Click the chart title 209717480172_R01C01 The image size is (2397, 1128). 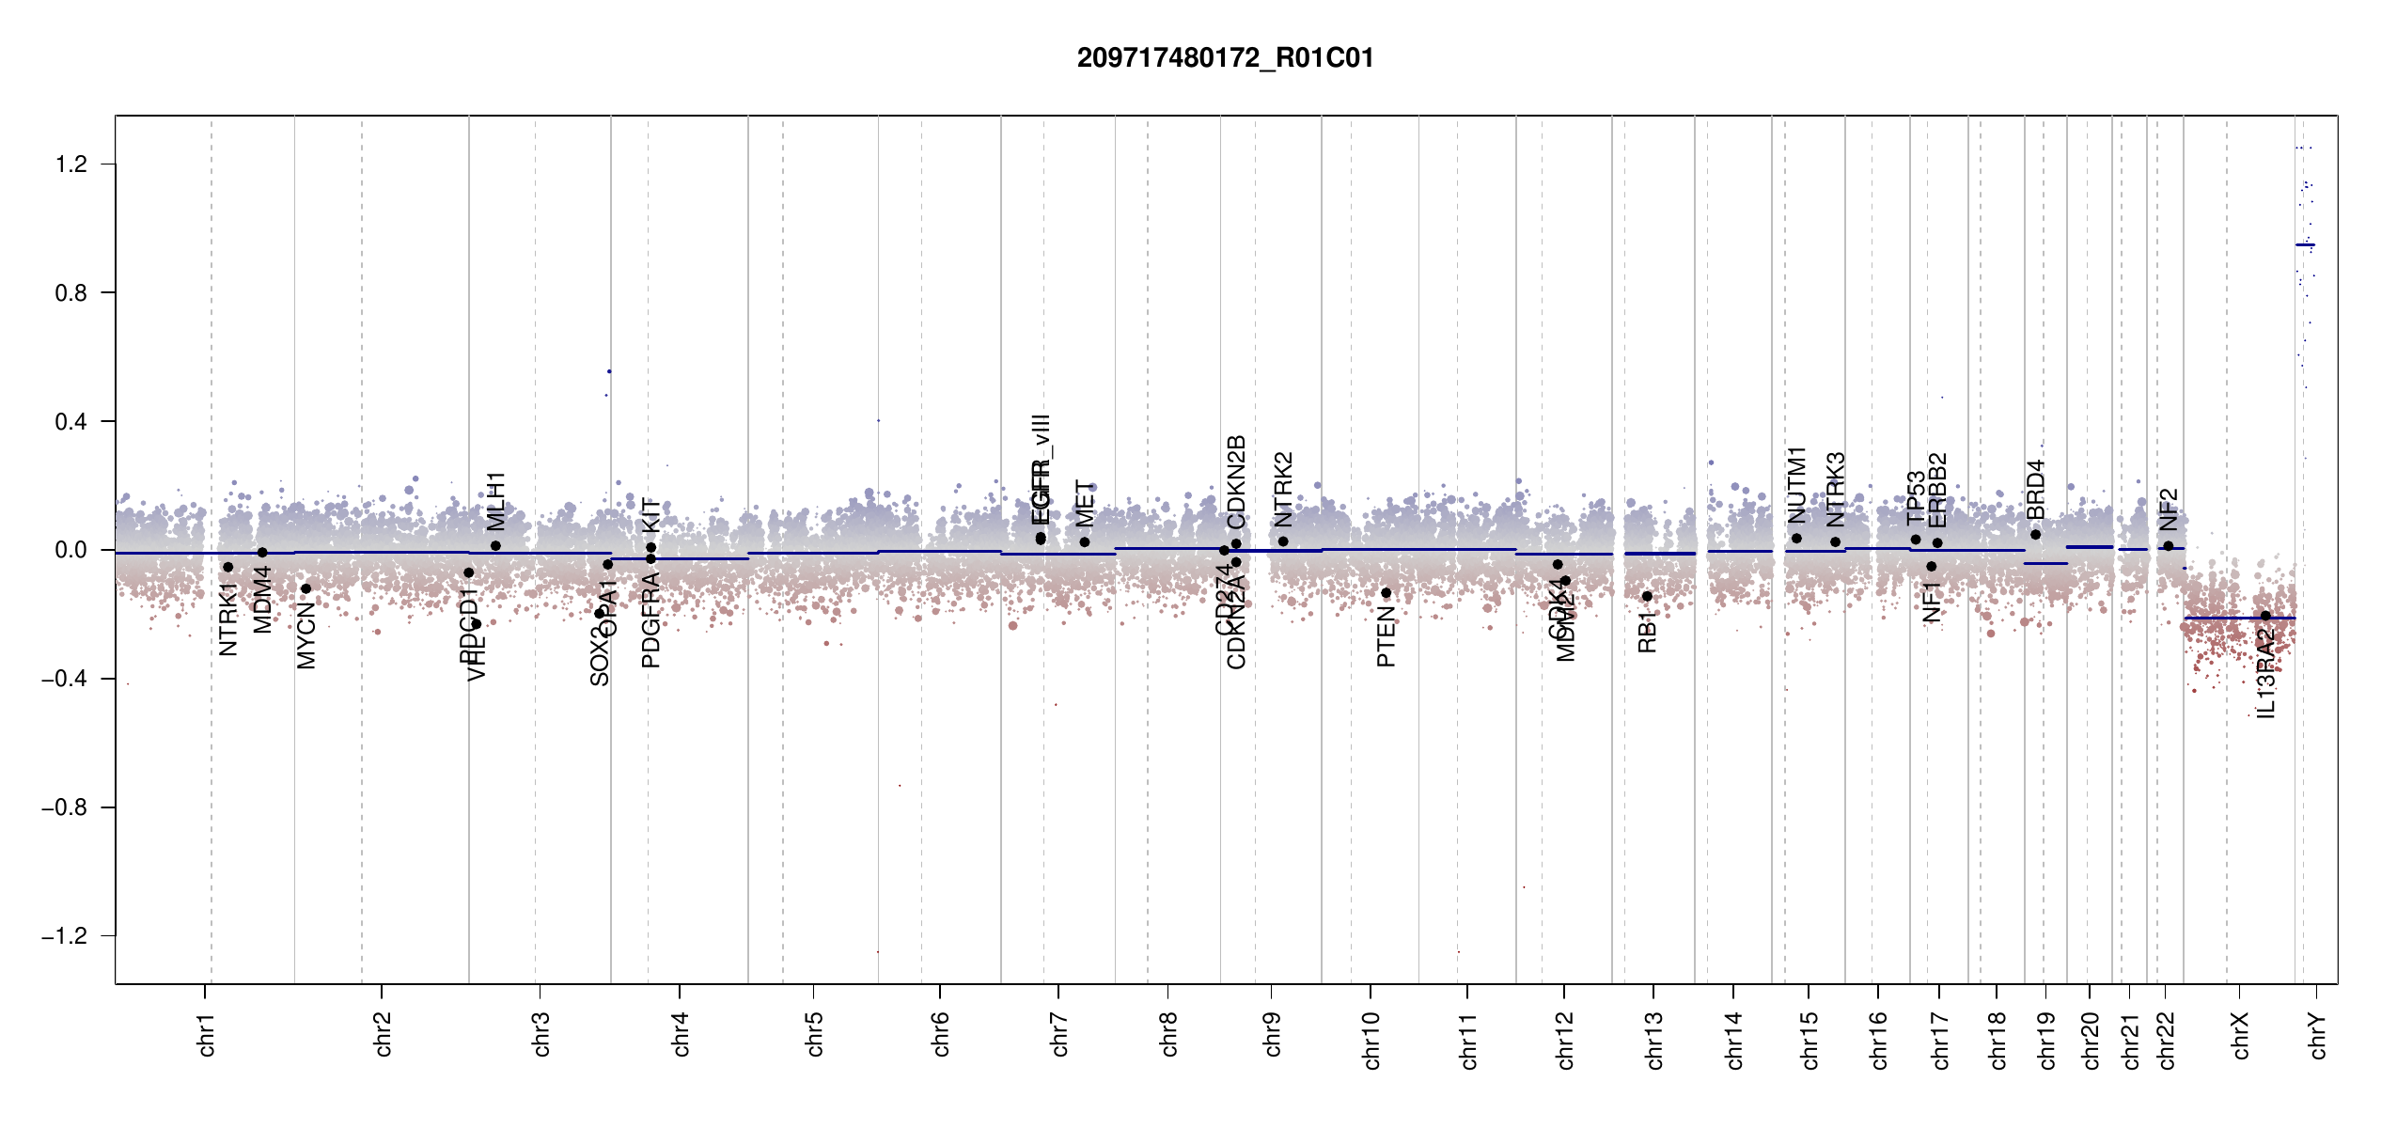click(1225, 58)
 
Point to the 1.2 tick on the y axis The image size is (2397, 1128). click(70, 164)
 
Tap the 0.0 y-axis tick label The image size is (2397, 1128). click(70, 550)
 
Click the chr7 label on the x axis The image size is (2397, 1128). click(1059, 1034)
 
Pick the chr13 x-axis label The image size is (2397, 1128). click(1654, 1040)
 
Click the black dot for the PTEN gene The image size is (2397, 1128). click(1386, 593)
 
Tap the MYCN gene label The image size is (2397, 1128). click(306, 637)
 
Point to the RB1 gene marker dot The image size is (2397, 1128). click(1647, 597)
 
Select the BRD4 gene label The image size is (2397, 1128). click(2035, 489)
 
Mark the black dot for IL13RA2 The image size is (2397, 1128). click(2265, 616)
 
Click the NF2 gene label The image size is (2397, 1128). click(2169, 509)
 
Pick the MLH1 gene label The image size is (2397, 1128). click(496, 501)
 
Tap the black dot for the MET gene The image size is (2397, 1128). click(1085, 542)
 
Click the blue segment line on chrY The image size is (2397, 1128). click(2305, 245)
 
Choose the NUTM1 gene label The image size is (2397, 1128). click(1797, 485)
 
